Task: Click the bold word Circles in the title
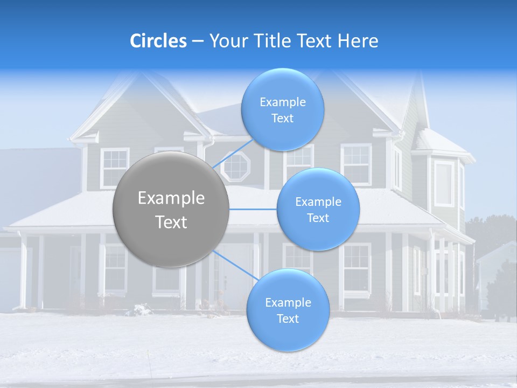pyautogui.click(x=158, y=41)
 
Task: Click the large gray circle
pyautogui.click(x=171, y=209)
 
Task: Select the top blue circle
pyautogui.click(x=282, y=109)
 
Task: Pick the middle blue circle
pyautogui.click(x=318, y=209)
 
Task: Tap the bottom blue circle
pyautogui.click(x=288, y=310)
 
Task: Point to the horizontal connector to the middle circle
pyautogui.click(x=253, y=209)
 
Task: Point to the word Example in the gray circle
pyautogui.click(x=171, y=198)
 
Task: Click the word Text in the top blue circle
pyautogui.click(x=282, y=118)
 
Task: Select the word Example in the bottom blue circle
pyautogui.click(x=288, y=302)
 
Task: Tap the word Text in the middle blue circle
pyautogui.click(x=318, y=218)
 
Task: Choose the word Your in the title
pyautogui.click(x=227, y=41)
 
